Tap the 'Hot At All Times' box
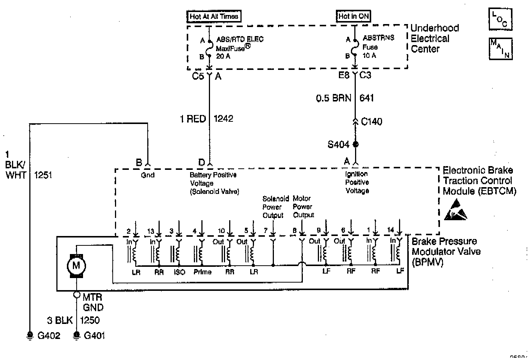point(213,16)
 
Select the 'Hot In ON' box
point(354,16)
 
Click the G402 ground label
point(49,336)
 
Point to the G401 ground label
point(94,336)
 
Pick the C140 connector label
point(372,121)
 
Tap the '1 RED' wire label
point(193,119)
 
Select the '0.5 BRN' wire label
point(334,98)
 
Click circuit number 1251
point(43,175)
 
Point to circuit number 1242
point(223,119)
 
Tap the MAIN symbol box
point(500,48)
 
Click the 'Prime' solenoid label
point(203,272)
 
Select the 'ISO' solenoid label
point(180,272)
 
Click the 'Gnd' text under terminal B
point(148,175)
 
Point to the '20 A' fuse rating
point(223,56)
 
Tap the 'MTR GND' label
point(93,302)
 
